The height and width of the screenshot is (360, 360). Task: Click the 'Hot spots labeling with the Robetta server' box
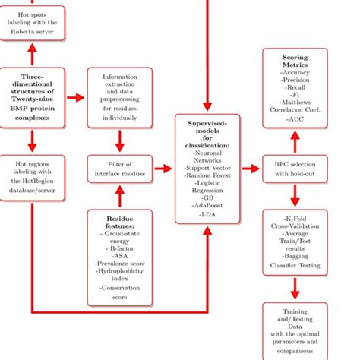point(33,24)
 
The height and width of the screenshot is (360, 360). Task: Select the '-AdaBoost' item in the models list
point(207,205)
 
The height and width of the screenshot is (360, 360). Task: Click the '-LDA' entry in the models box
point(207,216)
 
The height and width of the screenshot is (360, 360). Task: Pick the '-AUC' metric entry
point(295,120)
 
